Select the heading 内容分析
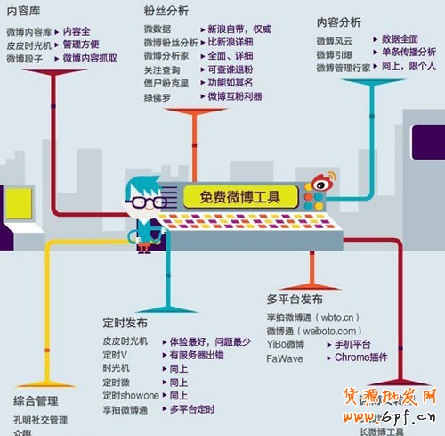click(x=338, y=21)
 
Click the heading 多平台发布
click(x=295, y=298)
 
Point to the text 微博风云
click(x=335, y=41)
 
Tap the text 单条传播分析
click(x=409, y=53)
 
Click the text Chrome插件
click(x=361, y=358)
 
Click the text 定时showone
click(x=131, y=395)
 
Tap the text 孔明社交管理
click(x=40, y=419)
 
